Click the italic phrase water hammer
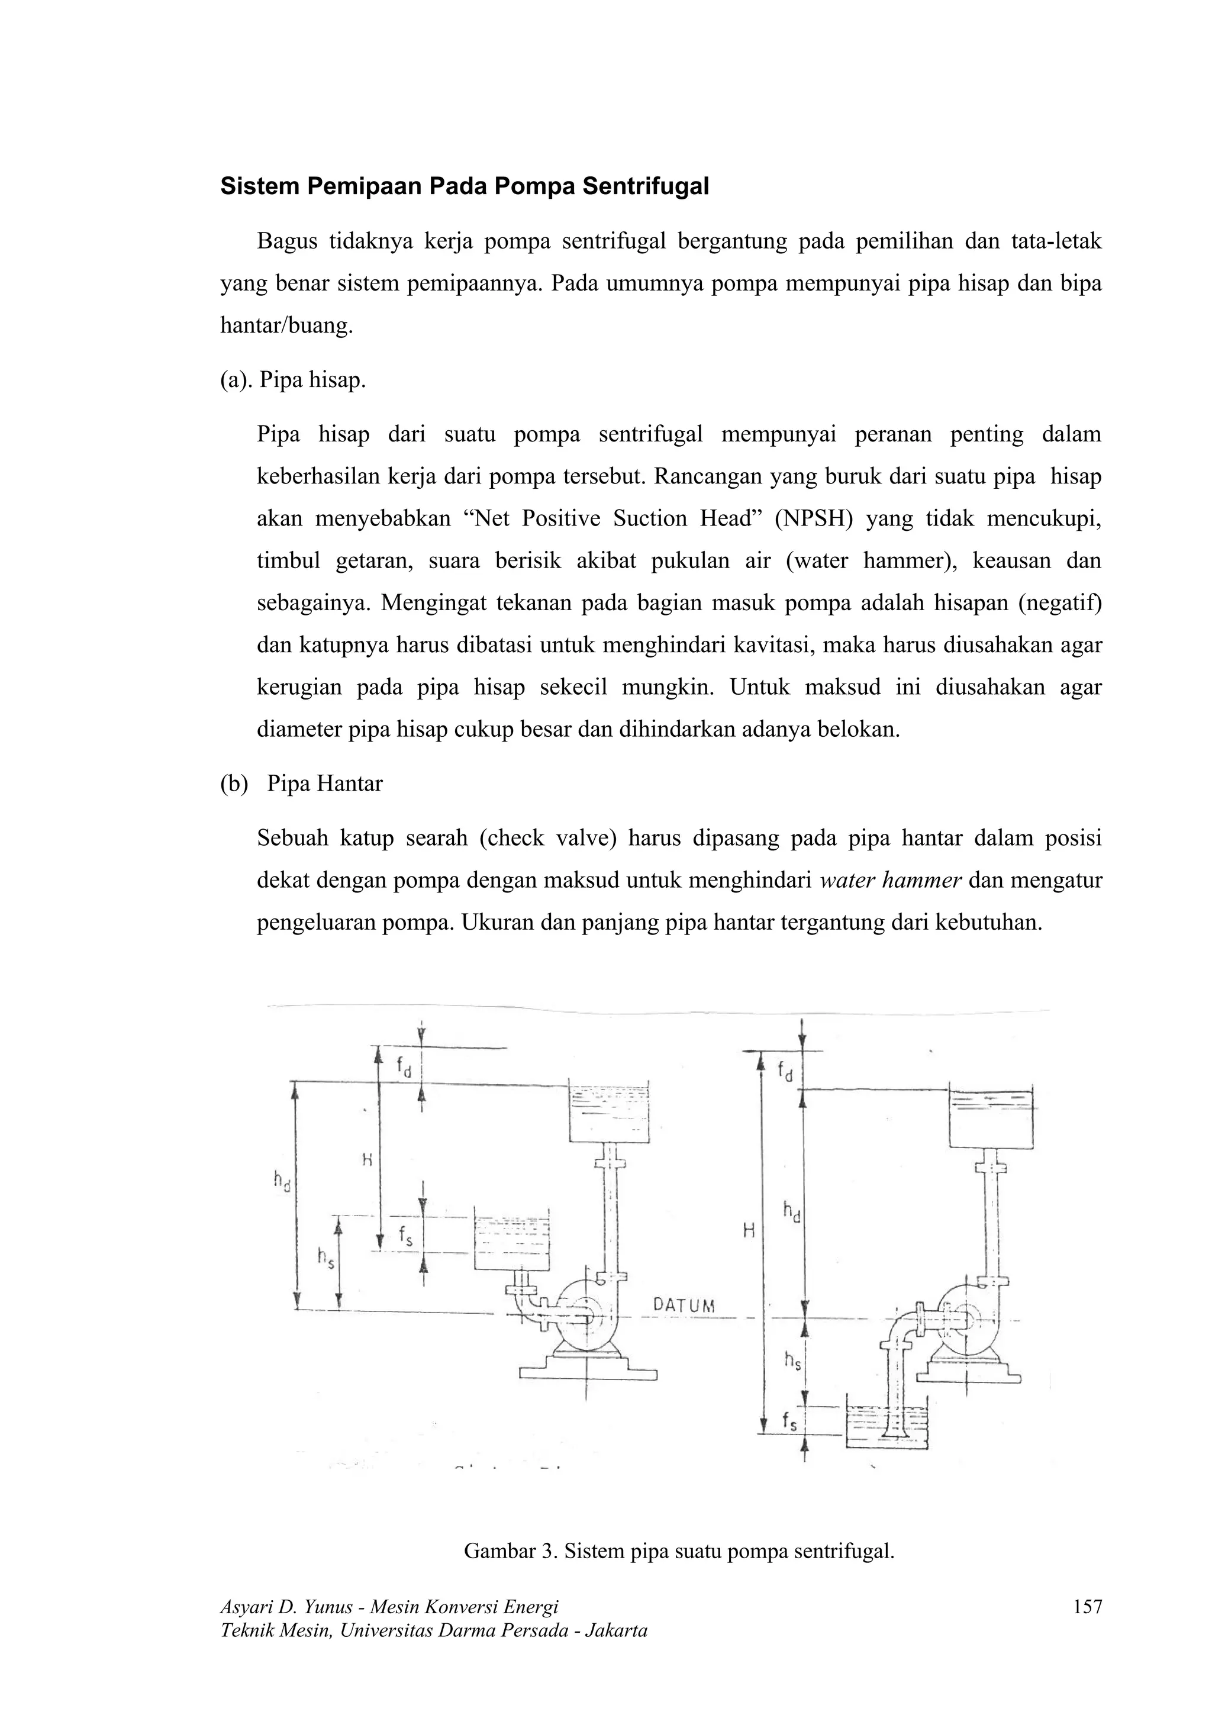(890, 881)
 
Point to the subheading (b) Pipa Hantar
(301, 784)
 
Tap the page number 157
(1087, 1607)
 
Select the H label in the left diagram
(368, 1160)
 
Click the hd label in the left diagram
(282, 1181)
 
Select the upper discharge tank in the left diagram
(608, 1111)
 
